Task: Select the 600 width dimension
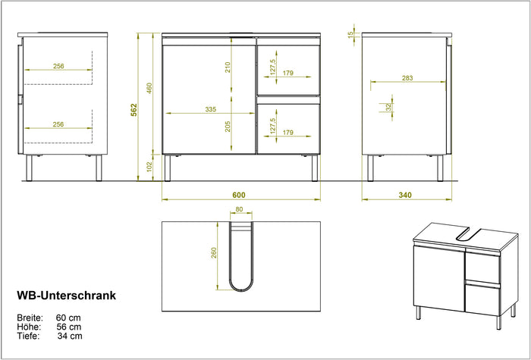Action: point(239,195)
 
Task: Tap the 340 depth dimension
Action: point(405,195)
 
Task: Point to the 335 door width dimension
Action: point(210,109)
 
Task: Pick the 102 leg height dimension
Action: point(150,167)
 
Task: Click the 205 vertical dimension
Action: point(228,126)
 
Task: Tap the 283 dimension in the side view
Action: point(407,78)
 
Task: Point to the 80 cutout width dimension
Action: point(239,210)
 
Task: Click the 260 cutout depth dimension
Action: point(214,253)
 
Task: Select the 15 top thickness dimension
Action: point(350,34)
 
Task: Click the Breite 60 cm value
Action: point(68,317)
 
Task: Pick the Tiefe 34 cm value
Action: point(69,336)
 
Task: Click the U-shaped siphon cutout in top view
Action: point(241,258)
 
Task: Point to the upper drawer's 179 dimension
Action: point(287,74)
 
